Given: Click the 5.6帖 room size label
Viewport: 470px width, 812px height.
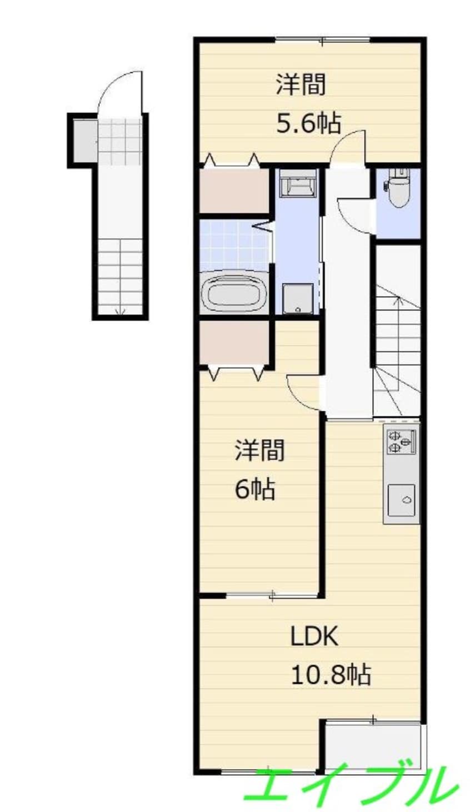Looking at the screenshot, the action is click(309, 123).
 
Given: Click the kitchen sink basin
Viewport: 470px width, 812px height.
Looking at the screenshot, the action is click(402, 500).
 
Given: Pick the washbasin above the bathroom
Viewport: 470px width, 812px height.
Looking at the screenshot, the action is click(298, 183).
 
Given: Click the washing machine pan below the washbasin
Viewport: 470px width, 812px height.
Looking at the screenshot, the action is click(298, 298).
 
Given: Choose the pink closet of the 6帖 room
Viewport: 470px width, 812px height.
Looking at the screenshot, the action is click(234, 342).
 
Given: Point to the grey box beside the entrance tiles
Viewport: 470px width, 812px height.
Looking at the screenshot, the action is click(86, 141).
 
